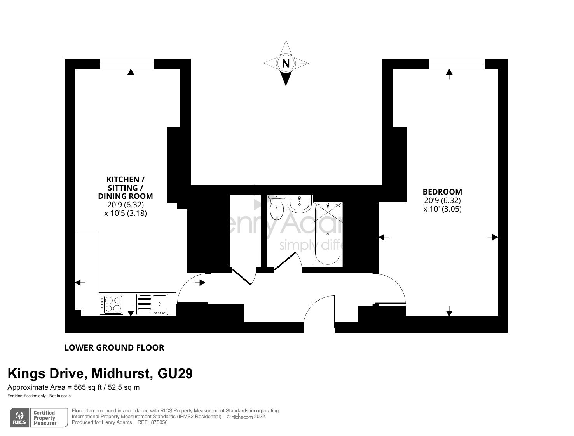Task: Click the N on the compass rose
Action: click(286, 63)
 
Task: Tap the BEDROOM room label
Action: click(442, 192)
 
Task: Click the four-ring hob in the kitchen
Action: click(112, 305)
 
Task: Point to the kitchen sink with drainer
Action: click(152, 304)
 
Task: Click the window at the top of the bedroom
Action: click(457, 64)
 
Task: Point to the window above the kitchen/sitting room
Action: click(127, 64)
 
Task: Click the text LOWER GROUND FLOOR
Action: click(114, 347)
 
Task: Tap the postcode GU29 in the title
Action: click(175, 373)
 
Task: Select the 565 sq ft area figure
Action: click(87, 387)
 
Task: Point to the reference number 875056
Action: click(159, 422)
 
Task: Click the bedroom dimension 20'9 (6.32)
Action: click(442, 200)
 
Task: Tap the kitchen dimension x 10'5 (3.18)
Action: click(126, 213)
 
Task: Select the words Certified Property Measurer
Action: click(45, 418)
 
